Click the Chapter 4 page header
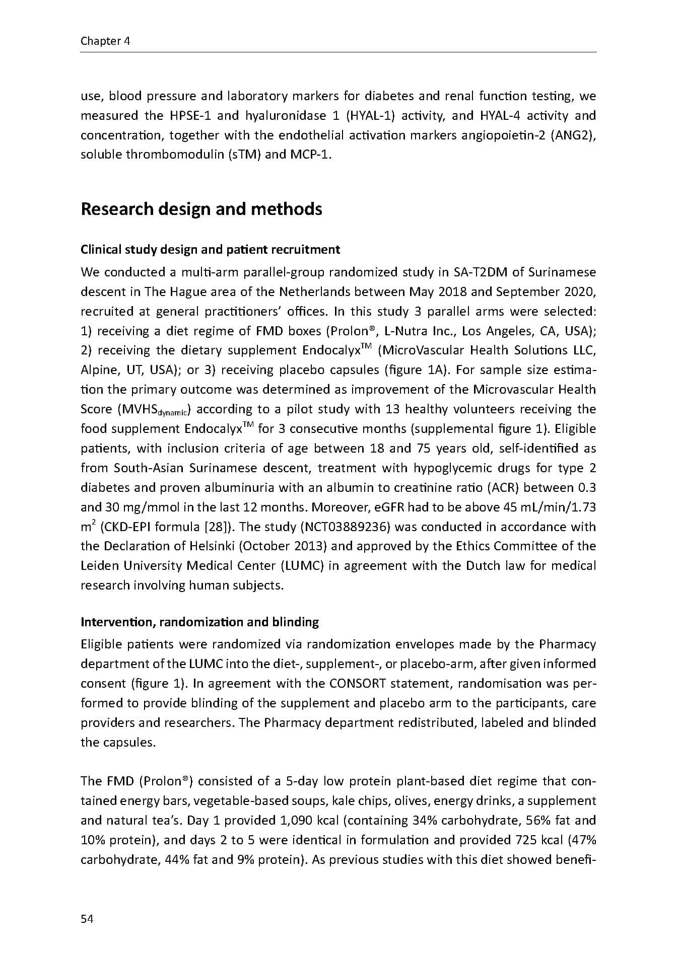point(105,41)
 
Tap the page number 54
point(87,919)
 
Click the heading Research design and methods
point(201,209)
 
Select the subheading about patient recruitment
point(210,250)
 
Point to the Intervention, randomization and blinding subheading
point(199,622)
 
